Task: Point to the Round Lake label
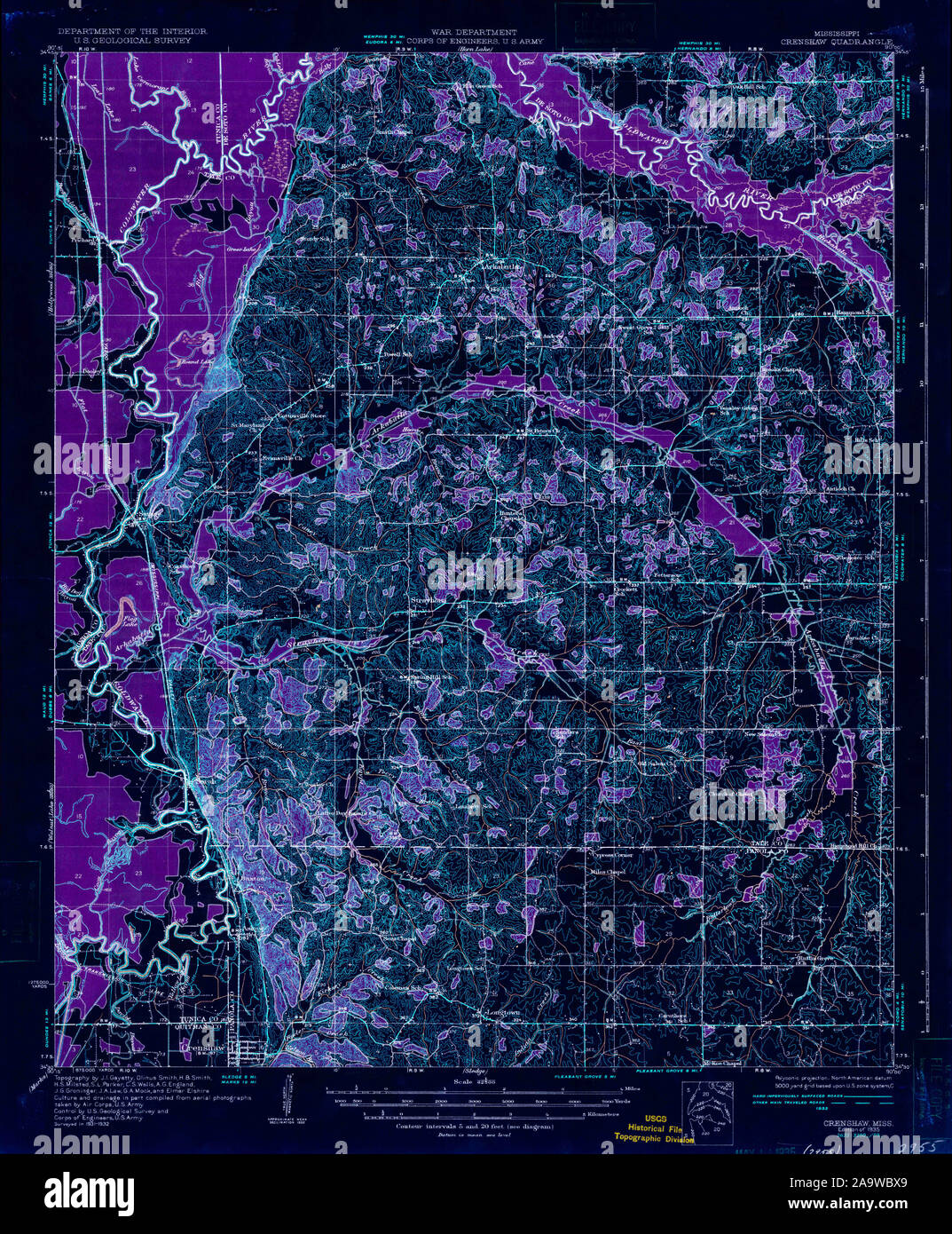click(x=197, y=362)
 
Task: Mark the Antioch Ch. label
click(x=838, y=489)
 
